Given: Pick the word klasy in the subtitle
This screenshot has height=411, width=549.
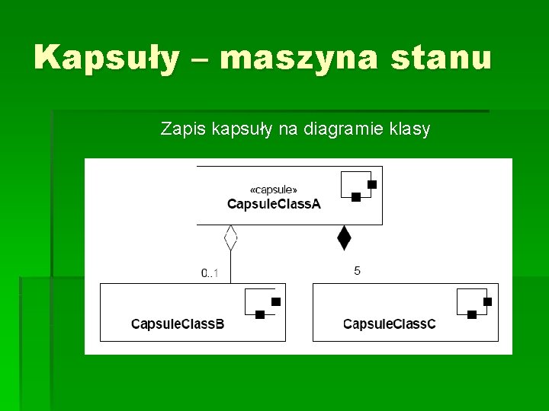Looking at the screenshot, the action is click(409, 129).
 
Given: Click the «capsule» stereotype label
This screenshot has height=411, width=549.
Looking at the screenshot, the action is click(274, 189).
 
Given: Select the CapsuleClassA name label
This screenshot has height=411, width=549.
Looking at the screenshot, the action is click(274, 203).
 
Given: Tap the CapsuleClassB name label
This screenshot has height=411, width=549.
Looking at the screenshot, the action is click(178, 324).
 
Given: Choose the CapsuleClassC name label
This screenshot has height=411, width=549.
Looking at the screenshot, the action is click(390, 324).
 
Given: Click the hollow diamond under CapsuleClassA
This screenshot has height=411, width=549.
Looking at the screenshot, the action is click(231, 238).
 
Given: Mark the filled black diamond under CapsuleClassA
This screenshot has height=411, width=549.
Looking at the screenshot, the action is click(344, 238).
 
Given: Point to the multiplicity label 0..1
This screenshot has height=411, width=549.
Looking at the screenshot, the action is click(210, 272).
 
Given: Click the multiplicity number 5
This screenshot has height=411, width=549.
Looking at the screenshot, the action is click(358, 271).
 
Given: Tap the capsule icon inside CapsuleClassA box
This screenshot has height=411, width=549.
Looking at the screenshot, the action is click(358, 186).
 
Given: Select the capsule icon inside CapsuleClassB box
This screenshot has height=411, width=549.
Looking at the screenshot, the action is click(262, 303).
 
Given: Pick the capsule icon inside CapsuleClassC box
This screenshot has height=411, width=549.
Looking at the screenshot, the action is click(474, 303).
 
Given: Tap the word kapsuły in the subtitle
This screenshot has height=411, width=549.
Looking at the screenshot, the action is click(237, 129).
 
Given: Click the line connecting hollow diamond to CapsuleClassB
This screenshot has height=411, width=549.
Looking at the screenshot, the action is click(231, 268).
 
